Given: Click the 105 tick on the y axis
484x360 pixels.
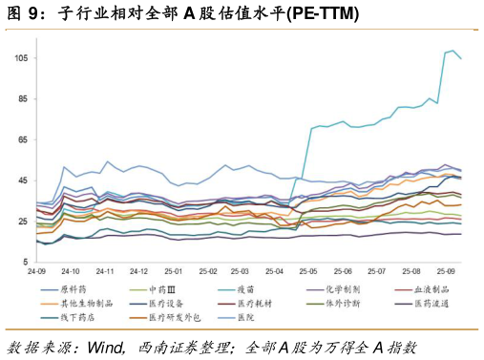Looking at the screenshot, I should [21, 58].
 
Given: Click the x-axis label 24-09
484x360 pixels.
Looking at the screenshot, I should [37, 271].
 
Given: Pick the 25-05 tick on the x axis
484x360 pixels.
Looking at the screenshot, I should [308, 271].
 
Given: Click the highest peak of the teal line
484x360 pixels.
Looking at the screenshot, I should [453, 51].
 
